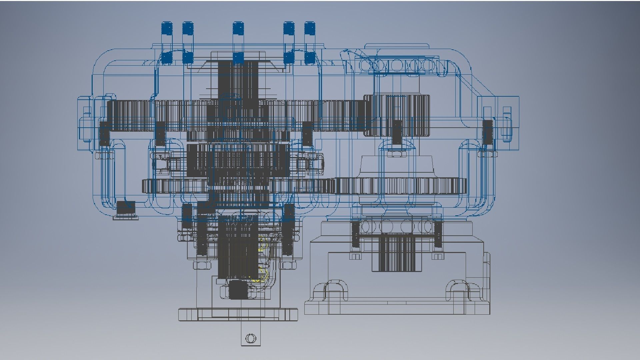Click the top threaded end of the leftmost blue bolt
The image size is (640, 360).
point(167,28)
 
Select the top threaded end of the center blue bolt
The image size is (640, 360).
point(238,28)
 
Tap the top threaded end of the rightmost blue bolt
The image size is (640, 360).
point(310,28)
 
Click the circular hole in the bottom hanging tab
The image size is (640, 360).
point(251,339)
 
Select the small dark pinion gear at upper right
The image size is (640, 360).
point(396,115)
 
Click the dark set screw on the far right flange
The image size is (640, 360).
point(487,132)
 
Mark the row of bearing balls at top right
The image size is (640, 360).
point(397,65)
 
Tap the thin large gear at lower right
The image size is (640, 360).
point(400,186)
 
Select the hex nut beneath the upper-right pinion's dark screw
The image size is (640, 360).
point(396,153)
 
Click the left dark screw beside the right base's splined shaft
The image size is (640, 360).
point(355,235)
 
